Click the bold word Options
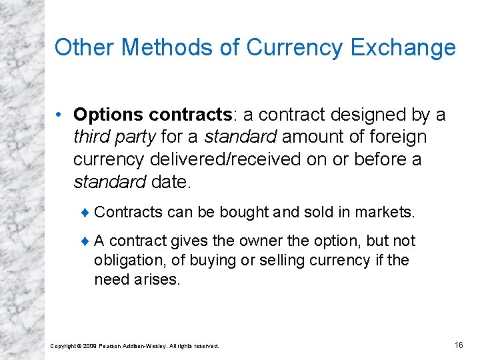point(102,115)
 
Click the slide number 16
point(458,345)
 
